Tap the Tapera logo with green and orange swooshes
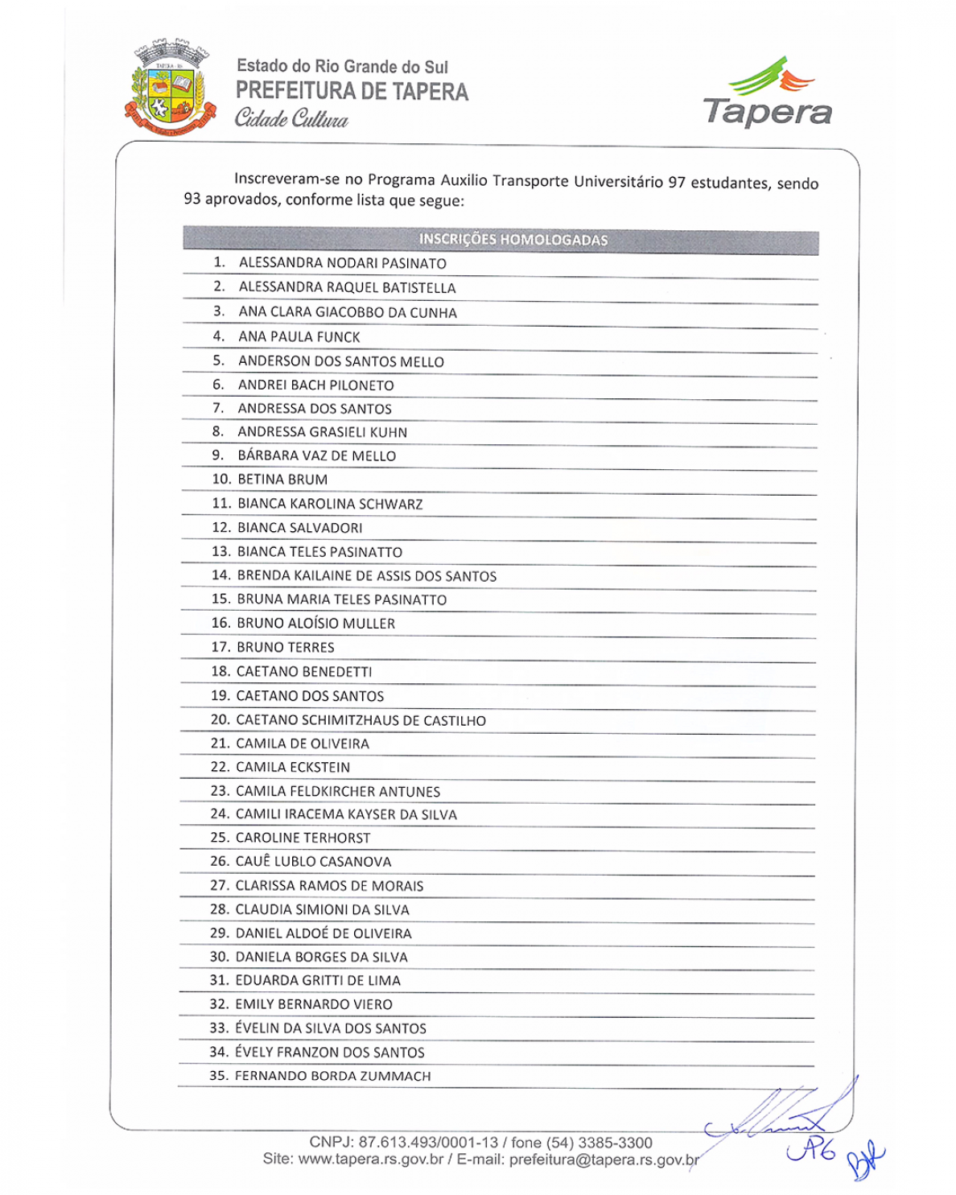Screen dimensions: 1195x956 (x=767, y=92)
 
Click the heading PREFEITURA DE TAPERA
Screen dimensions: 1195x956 (x=352, y=92)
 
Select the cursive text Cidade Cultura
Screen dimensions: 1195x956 (x=291, y=119)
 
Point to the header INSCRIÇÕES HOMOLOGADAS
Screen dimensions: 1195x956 (x=513, y=240)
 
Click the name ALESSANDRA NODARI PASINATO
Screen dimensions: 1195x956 (x=342, y=263)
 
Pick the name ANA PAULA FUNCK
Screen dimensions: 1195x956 (x=299, y=337)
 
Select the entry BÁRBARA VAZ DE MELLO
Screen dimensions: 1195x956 (x=316, y=455)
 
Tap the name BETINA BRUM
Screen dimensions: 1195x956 (x=282, y=480)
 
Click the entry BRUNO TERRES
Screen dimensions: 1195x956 (x=285, y=647)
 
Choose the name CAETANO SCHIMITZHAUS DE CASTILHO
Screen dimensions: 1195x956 (x=361, y=720)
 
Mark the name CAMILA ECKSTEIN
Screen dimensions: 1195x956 (x=293, y=768)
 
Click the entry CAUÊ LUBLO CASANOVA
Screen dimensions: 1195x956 (x=313, y=862)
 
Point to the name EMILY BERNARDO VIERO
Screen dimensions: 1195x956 (x=313, y=1004)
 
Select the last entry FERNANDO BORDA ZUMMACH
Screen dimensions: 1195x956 (x=332, y=1076)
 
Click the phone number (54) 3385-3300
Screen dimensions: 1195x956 (x=600, y=1143)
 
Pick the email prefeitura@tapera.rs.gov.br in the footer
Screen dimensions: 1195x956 (x=604, y=1160)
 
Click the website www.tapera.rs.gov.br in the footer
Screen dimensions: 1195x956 (x=371, y=1160)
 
